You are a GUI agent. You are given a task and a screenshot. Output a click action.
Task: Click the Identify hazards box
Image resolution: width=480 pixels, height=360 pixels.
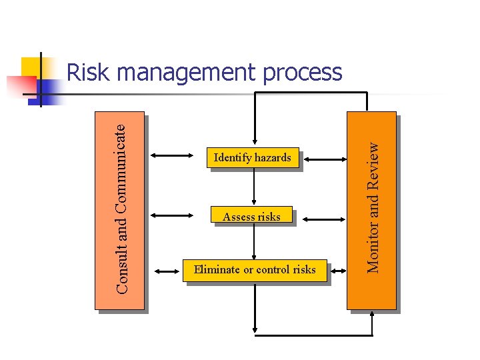252,158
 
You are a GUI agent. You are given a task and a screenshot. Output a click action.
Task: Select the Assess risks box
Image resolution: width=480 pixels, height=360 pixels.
251,216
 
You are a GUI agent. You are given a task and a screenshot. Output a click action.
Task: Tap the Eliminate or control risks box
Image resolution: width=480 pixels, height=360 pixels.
255,270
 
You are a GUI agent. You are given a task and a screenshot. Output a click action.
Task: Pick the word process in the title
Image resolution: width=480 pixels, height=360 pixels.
302,73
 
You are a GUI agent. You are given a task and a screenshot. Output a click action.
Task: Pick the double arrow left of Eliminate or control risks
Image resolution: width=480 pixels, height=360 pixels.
171,270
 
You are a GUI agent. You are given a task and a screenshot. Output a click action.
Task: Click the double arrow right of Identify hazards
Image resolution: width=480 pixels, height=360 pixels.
323,159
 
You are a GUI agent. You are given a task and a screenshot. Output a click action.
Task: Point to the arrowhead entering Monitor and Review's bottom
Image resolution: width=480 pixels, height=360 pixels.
371,316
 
